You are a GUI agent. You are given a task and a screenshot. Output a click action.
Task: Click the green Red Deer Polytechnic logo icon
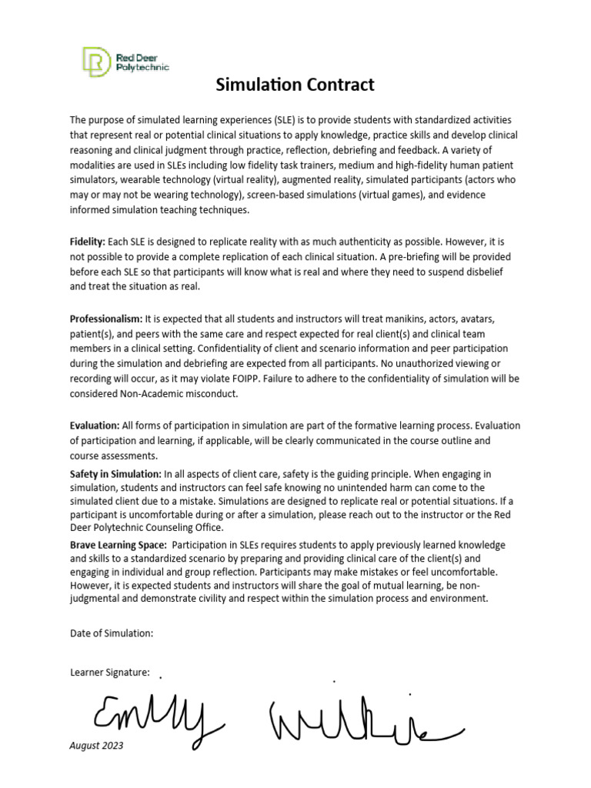pos(96,62)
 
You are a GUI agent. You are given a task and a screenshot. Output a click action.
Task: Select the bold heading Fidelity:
pos(87,242)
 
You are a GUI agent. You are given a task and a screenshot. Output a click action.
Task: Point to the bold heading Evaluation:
pos(94,425)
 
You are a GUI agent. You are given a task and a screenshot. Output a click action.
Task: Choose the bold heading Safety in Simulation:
pos(115,473)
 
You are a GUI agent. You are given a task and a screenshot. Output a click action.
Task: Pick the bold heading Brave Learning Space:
pos(117,544)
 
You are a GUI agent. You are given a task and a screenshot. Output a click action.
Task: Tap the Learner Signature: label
pos(109,672)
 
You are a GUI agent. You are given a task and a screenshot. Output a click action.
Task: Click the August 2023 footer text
pos(96,746)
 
